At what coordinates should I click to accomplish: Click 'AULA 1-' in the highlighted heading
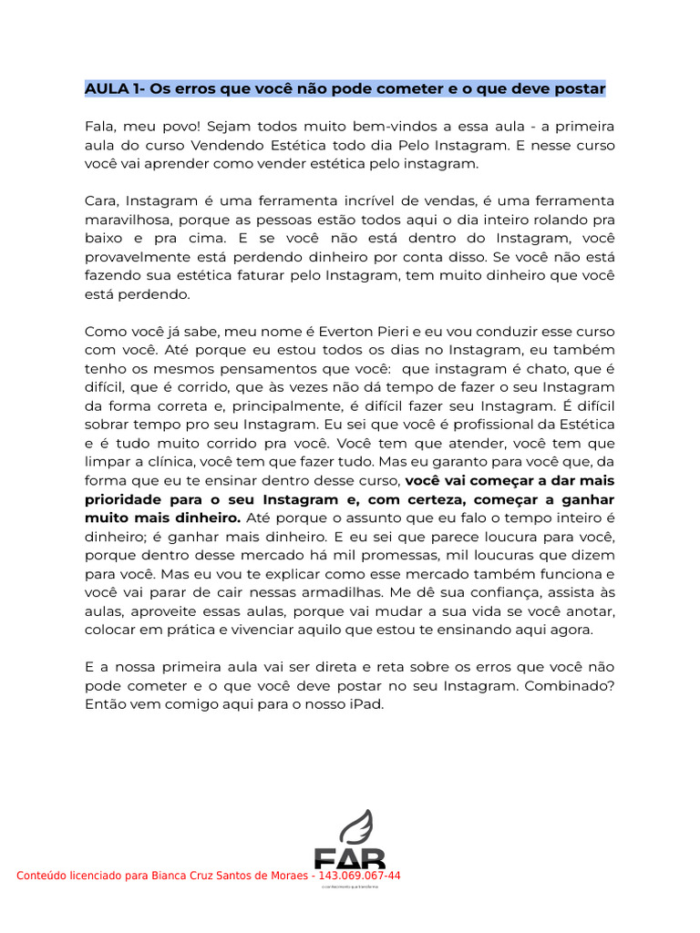click(115, 89)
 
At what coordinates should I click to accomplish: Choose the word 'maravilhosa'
click(128, 220)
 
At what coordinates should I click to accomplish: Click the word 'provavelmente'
click(134, 257)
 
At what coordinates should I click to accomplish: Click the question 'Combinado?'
click(572, 685)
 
